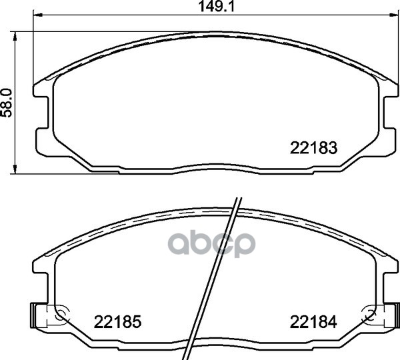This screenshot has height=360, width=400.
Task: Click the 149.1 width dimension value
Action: pyautogui.click(x=216, y=7)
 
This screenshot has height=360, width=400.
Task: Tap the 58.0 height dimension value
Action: pyautogui.click(x=7, y=103)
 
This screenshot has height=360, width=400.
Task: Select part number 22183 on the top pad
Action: pyautogui.click(x=313, y=148)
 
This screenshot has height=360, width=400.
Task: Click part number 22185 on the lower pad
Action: pyautogui.click(x=117, y=322)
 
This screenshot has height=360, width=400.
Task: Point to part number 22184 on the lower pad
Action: pyautogui.click(x=313, y=322)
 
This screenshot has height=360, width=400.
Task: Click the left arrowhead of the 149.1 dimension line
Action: pyautogui.click(x=38, y=15)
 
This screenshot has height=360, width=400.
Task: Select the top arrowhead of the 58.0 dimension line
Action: pyautogui.click(x=15, y=37)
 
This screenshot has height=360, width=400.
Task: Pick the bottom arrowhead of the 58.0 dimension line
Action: pyautogui.click(x=15, y=169)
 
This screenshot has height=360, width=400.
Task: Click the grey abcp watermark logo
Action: pyautogui.click(x=211, y=243)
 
